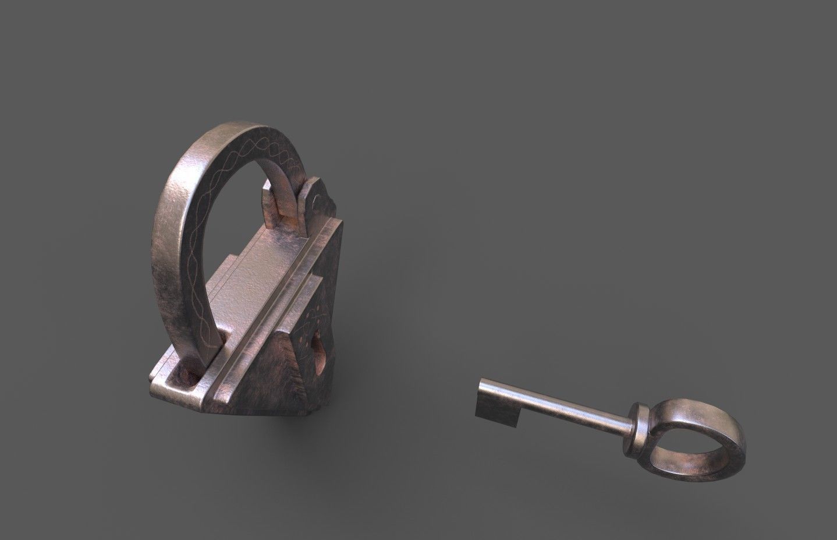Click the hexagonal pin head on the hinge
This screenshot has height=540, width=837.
(x=315, y=201)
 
